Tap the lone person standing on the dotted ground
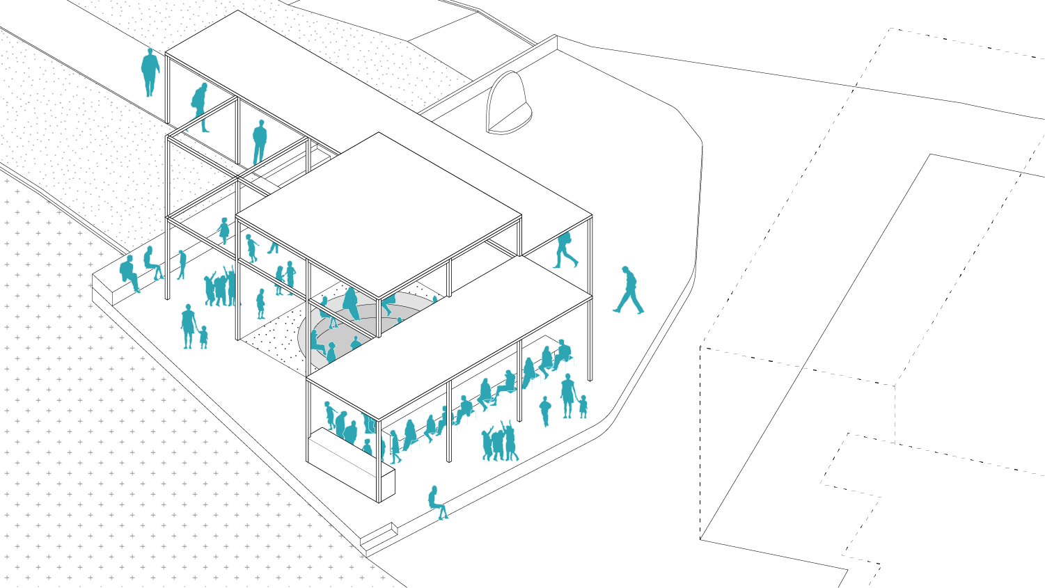(150, 71)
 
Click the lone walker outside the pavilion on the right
(629, 290)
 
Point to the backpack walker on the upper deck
(565, 250)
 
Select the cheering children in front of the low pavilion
(499, 443)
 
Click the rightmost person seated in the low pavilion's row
(562, 353)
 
